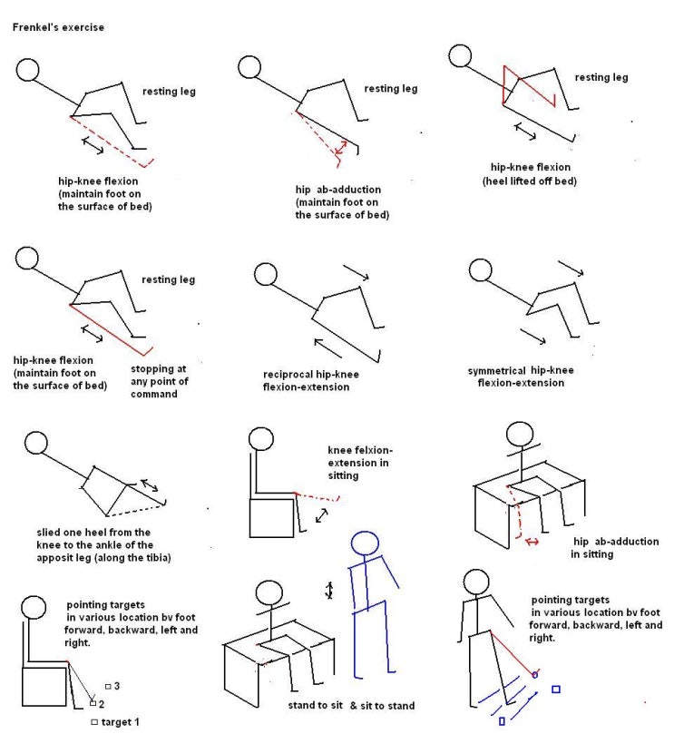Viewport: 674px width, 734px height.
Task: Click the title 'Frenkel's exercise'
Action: (x=58, y=27)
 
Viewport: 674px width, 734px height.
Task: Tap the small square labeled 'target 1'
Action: (x=94, y=722)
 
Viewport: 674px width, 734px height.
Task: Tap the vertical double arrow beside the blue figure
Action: (x=330, y=591)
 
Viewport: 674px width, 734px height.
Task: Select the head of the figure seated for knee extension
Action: (x=263, y=439)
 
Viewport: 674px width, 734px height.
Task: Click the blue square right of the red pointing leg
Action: (x=555, y=690)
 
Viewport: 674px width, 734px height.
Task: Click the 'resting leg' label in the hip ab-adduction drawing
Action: (x=390, y=89)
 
